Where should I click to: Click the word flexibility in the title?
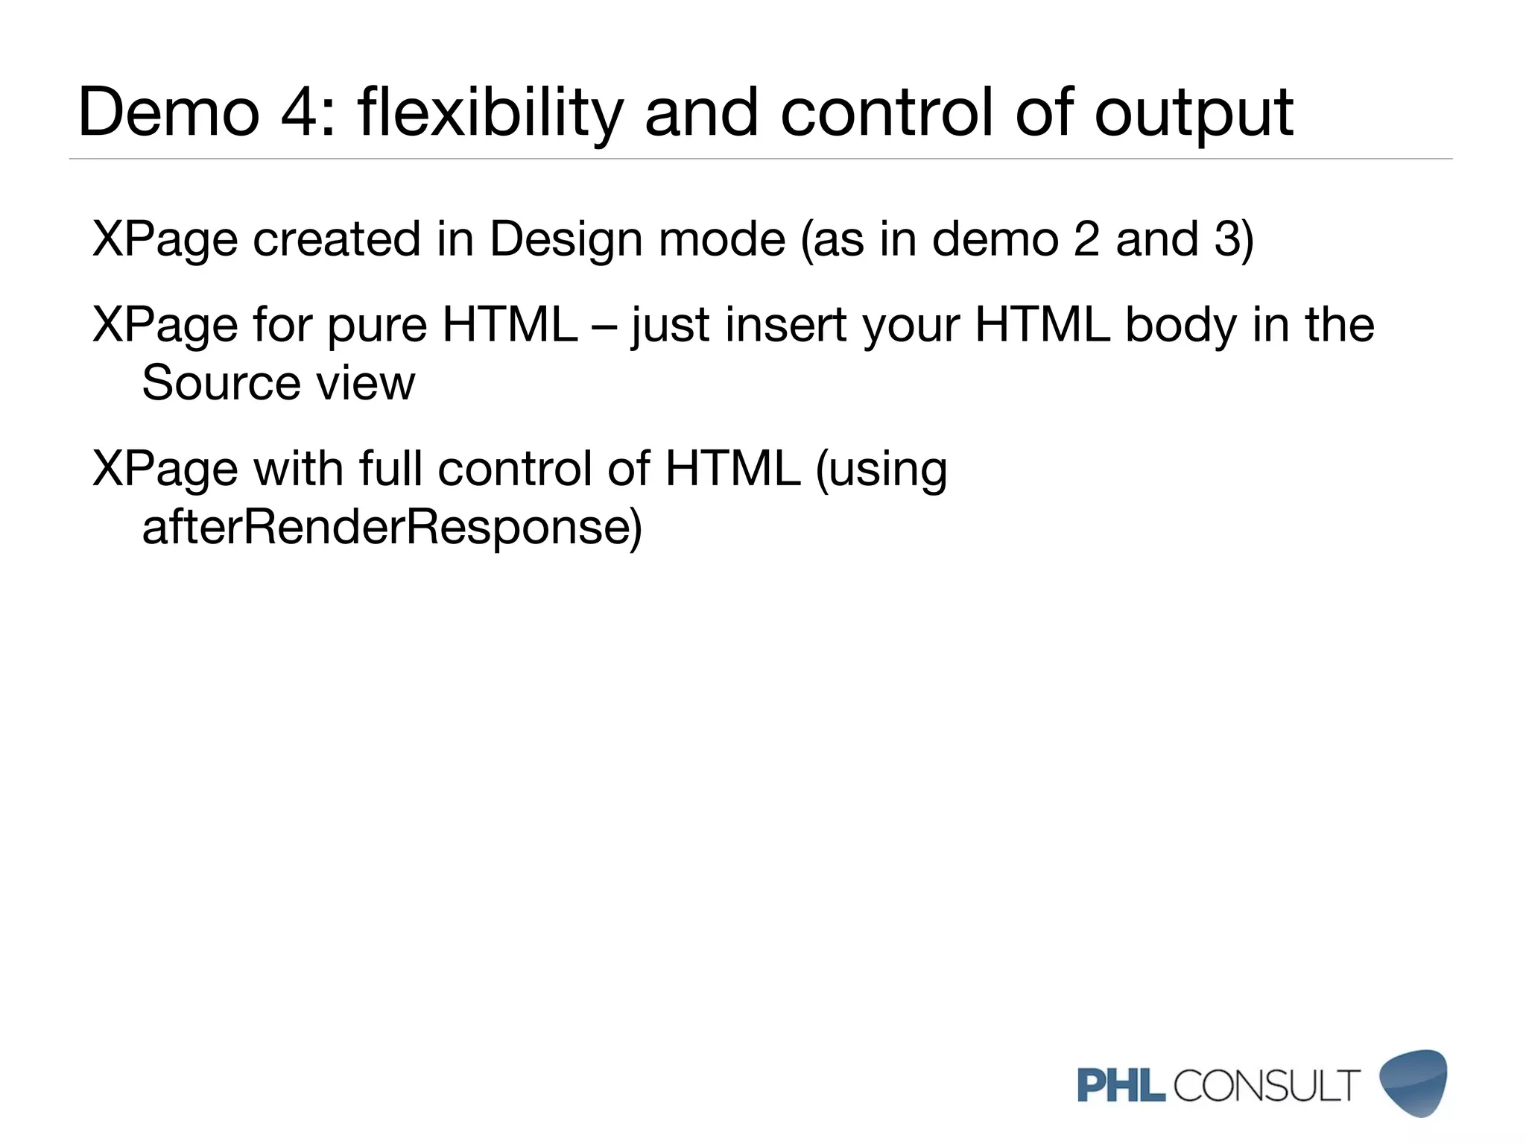[x=490, y=113]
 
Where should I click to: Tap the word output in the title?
[x=1194, y=113]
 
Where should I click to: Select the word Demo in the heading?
[x=168, y=113]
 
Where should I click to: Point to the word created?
[x=337, y=240]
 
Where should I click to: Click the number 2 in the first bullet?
[x=1086, y=240]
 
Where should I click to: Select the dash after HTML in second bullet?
[x=604, y=326]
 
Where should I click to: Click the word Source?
[x=221, y=383]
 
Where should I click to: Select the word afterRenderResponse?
[x=391, y=528]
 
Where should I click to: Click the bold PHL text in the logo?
[x=1121, y=1085]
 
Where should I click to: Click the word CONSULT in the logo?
[x=1267, y=1085]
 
